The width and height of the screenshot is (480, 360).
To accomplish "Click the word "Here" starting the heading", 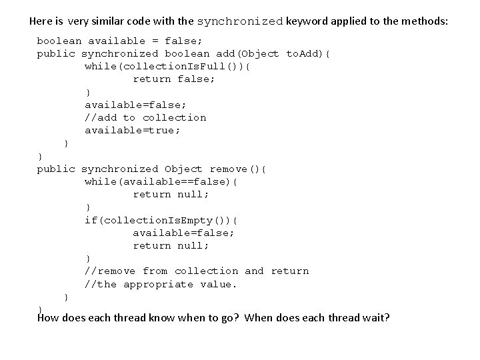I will click(x=42, y=21).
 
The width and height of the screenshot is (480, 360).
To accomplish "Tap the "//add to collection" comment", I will click(x=145, y=118).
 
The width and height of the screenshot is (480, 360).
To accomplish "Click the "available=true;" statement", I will click(x=133, y=131).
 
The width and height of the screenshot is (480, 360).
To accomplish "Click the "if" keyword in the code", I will click(x=91, y=220).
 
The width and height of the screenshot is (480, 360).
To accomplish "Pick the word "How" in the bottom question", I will click(x=49, y=317).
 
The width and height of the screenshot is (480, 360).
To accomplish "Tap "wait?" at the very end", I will click(x=375, y=317).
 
